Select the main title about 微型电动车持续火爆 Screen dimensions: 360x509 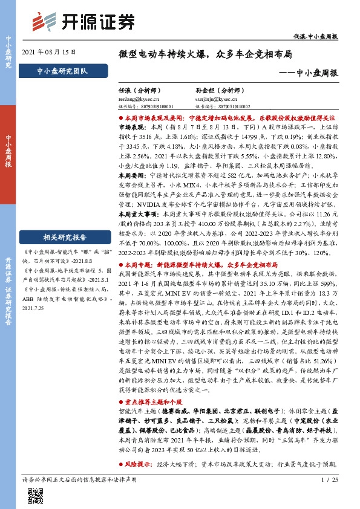tap(206, 54)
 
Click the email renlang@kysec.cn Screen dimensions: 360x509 tap(139, 97)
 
